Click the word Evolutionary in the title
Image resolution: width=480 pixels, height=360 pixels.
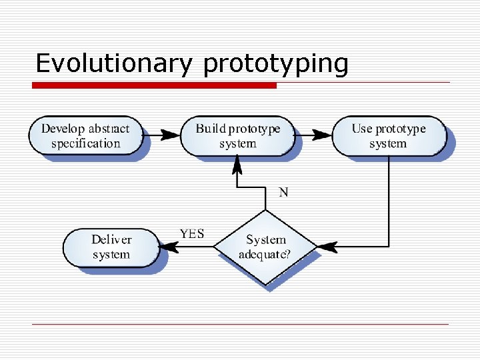[113, 63]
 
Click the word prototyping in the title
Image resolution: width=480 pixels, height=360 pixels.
[275, 65]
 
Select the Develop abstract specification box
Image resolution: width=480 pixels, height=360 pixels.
[85, 135]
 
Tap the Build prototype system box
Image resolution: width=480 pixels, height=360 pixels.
[238, 135]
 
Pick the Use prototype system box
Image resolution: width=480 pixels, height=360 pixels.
[388, 135]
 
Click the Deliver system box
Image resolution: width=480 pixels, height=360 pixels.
[111, 247]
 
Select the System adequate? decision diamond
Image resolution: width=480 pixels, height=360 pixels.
[266, 247]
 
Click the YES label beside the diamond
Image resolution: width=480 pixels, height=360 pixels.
[192, 234]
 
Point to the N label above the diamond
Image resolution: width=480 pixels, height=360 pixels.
[283, 192]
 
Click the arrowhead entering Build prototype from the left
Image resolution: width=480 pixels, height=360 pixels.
[172, 135]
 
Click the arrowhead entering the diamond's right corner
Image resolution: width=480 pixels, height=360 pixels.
[326, 247]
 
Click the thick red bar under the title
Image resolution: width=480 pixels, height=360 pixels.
[155, 85]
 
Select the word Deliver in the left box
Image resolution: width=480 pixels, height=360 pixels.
[111, 239]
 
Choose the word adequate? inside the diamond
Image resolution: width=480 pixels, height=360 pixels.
[269, 255]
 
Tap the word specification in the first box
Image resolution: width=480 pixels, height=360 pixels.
[85, 143]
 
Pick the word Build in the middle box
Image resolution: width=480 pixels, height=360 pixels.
[210, 128]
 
